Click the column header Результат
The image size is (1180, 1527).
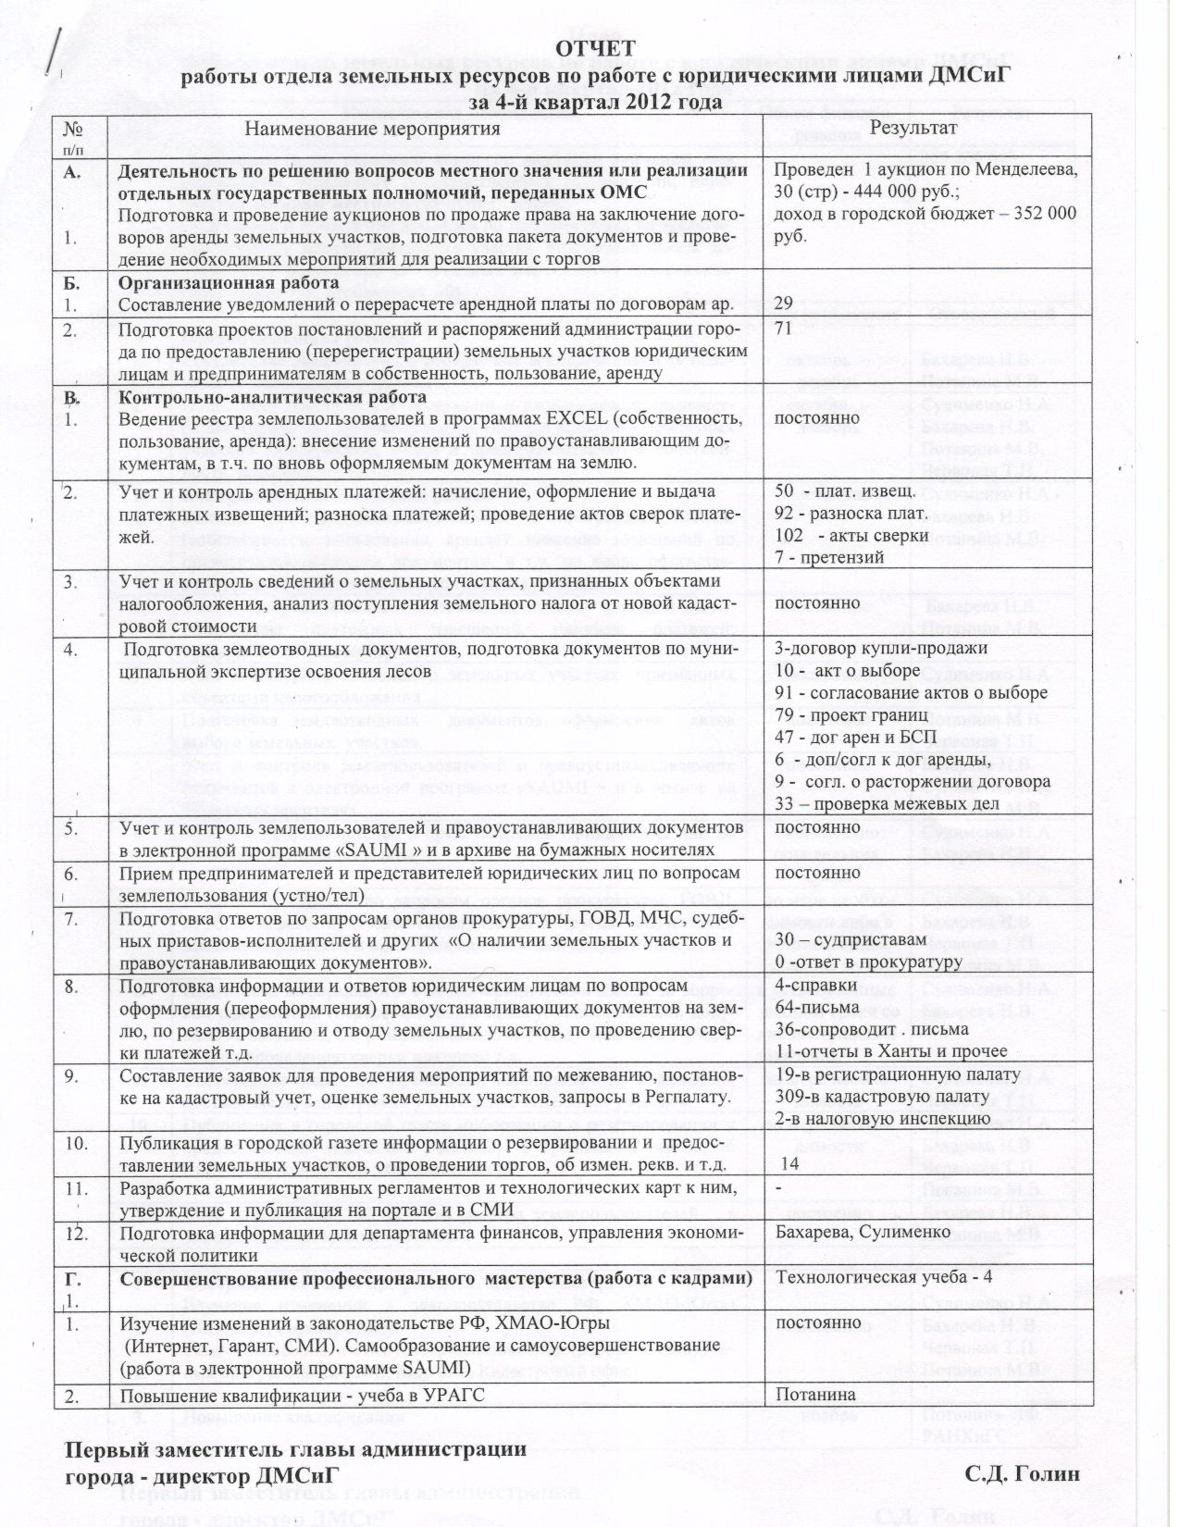908,128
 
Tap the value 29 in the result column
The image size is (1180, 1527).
783,304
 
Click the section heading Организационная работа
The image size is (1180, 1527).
229,282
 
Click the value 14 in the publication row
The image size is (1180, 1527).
790,1163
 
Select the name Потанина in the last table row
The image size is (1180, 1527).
814,1395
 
